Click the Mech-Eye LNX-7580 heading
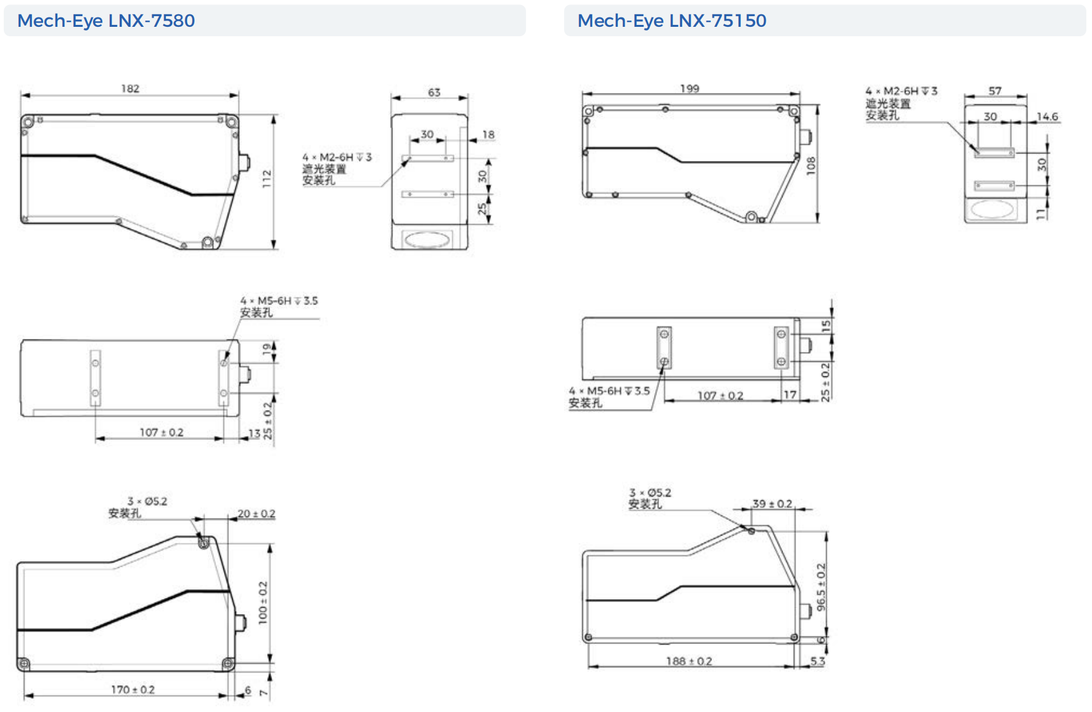click(x=106, y=21)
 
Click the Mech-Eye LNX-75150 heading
click(x=671, y=21)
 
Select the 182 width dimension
click(x=130, y=89)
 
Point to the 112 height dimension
click(x=267, y=178)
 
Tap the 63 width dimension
click(x=434, y=92)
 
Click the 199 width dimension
click(x=690, y=89)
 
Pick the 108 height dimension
click(x=811, y=165)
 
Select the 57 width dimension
click(x=995, y=91)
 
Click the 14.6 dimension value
click(x=1047, y=117)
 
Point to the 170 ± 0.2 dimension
click(x=133, y=690)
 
